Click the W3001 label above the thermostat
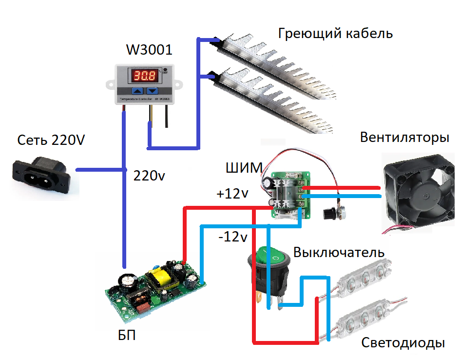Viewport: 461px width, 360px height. click(x=149, y=49)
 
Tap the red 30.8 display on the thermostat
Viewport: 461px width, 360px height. click(x=144, y=76)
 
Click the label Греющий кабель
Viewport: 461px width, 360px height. click(x=335, y=34)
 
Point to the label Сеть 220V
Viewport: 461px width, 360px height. click(x=51, y=140)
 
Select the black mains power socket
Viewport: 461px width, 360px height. click(x=41, y=176)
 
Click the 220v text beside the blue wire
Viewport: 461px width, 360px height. click(x=149, y=176)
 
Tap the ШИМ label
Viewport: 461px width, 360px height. click(x=244, y=168)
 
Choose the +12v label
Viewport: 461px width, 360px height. click(x=232, y=194)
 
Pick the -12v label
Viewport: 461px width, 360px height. click(x=233, y=237)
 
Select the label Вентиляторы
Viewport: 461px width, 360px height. click(x=404, y=138)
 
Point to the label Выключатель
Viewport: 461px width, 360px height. click(x=339, y=253)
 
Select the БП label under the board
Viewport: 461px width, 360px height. click(x=127, y=335)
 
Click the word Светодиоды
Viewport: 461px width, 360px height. click(x=403, y=343)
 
